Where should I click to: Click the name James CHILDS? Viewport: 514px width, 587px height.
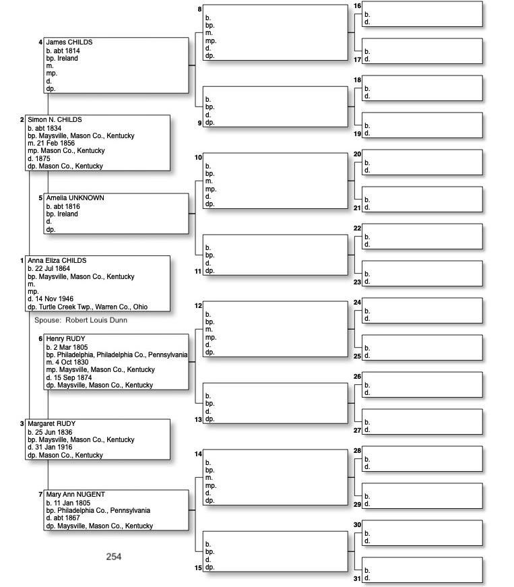click(x=69, y=42)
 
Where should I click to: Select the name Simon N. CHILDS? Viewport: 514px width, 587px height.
click(x=55, y=120)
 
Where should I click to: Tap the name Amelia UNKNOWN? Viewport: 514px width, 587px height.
click(x=75, y=198)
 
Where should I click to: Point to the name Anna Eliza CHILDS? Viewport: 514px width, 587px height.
click(x=57, y=261)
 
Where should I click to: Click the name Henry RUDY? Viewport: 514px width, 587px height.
click(x=65, y=339)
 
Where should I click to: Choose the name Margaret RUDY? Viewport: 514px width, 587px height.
click(x=51, y=424)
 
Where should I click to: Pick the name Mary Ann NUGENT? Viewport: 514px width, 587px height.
click(x=75, y=495)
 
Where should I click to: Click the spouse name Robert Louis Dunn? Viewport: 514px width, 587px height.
click(x=96, y=320)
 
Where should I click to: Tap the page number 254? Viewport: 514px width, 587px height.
click(x=114, y=557)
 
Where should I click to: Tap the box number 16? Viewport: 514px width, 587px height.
click(x=357, y=6)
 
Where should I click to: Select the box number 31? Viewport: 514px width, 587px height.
click(x=357, y=578)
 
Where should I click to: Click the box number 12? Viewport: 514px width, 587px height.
click(x=198, y=306)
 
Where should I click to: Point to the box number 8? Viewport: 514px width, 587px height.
click(x=199, y=9)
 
